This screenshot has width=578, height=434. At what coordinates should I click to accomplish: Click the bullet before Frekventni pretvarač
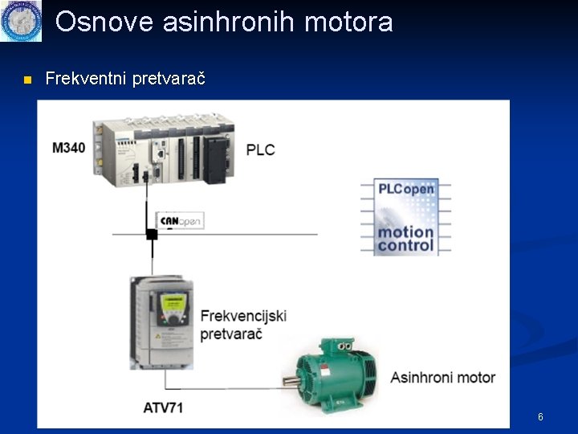(27, 80)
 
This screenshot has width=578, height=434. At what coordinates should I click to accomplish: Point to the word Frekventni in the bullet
(83, 79)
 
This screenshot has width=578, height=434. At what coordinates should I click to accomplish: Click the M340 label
(68, 147)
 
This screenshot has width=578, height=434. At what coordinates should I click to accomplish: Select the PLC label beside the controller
(260, 149)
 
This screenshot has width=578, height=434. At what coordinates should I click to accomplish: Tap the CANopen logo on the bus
(180, 221)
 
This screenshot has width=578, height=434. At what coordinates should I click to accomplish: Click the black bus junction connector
(151, 234)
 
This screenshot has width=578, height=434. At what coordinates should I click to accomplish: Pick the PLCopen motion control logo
(407, 217)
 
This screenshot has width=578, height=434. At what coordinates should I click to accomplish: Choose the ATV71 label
(163, 407)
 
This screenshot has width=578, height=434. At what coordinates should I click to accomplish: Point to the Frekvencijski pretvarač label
(243, 325)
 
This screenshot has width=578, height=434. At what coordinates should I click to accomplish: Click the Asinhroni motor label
(442, 377)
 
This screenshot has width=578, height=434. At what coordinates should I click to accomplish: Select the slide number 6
(540, 417)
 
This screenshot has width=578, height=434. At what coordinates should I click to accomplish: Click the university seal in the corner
(20, 20)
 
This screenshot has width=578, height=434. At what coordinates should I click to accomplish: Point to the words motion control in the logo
(406, 239)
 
